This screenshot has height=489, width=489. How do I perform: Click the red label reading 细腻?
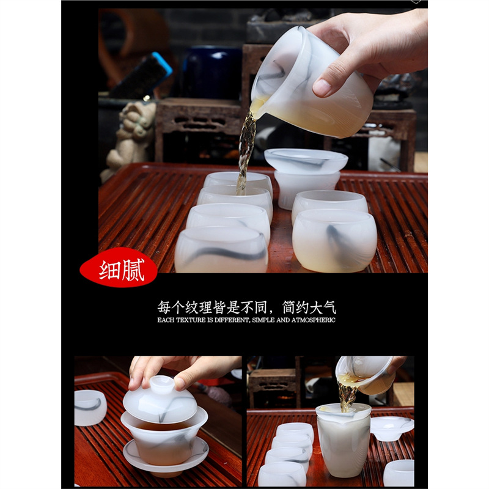(x=119, y=268)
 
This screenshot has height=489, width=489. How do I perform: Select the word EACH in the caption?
(x=166, y=320)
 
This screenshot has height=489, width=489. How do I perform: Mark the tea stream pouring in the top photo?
(x=246, y=147)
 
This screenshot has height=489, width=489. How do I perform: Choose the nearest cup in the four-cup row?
(x=221, y=249)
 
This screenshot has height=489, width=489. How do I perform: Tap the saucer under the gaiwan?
(x=165, y=455)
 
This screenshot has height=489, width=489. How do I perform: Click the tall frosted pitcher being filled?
(x=343, y=440)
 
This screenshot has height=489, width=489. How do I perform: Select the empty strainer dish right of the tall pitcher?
(x=391, y=428)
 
